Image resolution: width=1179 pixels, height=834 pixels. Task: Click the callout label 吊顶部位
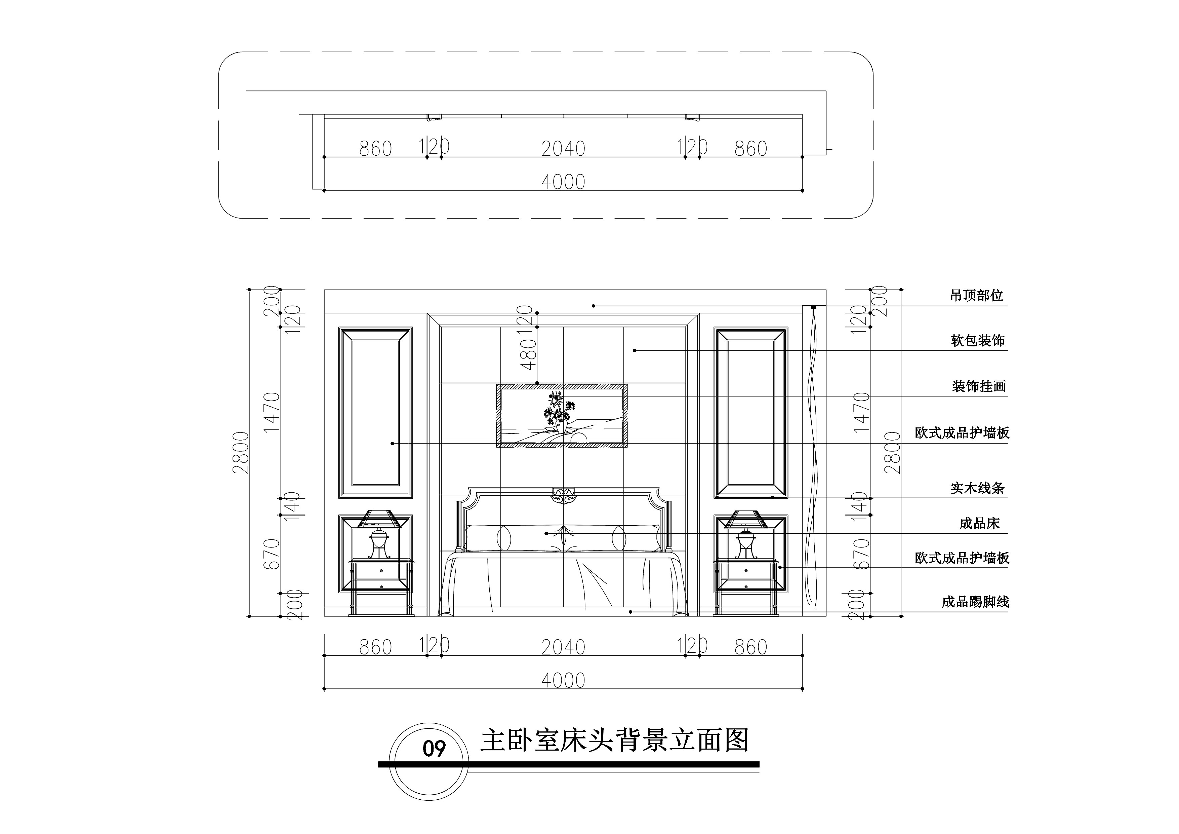tap(976, 296)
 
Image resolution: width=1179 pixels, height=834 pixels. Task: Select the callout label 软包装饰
tap(978, 341)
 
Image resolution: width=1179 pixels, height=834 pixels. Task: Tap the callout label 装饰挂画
tap(979, 386)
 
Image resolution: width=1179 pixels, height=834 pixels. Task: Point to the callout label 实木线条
tap(978, 488)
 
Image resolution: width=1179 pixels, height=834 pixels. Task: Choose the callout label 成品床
tap(979, 524)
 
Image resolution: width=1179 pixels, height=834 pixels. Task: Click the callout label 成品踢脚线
tap(975, 602)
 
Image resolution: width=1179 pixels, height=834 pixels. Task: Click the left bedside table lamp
tap(379, 534)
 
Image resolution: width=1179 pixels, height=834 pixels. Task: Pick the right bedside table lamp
tap(745, 534)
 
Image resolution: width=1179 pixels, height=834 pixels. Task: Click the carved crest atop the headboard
tap(563, 495)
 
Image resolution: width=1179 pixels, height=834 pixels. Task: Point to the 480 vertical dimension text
tap(528, 354)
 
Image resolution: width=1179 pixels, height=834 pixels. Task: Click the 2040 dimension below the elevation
tap(563, 647)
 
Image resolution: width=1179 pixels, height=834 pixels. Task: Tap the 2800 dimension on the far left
tap(241, 453)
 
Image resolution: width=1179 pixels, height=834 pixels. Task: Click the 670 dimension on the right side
tap(862, 554)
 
